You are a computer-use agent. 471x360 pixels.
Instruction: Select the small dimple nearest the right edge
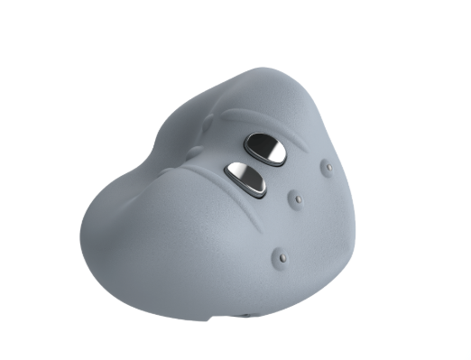point(328,167)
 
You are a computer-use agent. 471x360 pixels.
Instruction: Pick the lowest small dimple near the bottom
point(283,259)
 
